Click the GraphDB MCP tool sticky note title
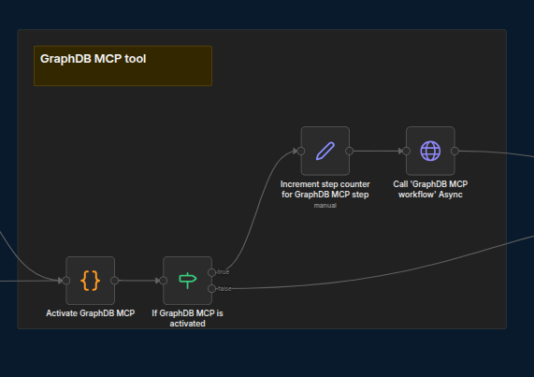pyautogui.click(x=93, y=59)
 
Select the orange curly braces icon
pyautogui.click(x=91, y=281)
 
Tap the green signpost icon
pyautogui.click(x=188, y=281)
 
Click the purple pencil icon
pyautogui.click(x=325, y=151)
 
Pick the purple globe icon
pyautogui.click(x=430, y=151)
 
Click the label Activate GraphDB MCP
pyautogui.click(x=91, y=313)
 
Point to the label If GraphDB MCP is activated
pyautogui.click(x=187, y=318)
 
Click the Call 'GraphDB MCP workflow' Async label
pyautogui.click(x=430, y=189)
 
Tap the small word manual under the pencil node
pyautogui.click(x=325, y=206)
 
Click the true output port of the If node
pyautogui.click(x=212, y=272)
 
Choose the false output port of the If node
pyautogui.click(x=212, y=289)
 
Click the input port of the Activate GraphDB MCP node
pyautogui.click(x=66, y=281)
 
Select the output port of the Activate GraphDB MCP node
pyautogui.click(x=115, y=281)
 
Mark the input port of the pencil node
pyautogui.click(x=301, y=151)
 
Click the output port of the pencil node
pyautogui.click(x=350, y=151)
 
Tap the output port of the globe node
pyautogui.click(x=455, y=151)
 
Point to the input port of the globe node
pyautogui.click(x=406, y=151)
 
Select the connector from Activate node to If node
pyautogui.click(x=139, y=281)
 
